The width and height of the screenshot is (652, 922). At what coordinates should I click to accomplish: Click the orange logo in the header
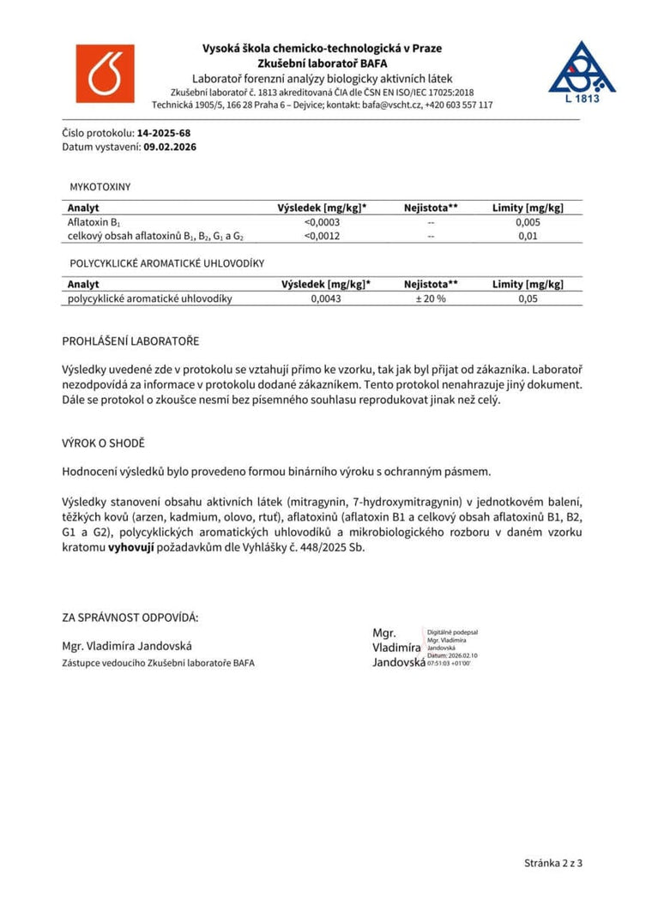[106, 73]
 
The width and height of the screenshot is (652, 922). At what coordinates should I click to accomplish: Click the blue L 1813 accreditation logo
[582, 72]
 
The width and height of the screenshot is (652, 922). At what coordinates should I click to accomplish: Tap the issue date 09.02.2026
[170, 147]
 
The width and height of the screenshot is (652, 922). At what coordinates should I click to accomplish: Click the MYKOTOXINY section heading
[100, 186]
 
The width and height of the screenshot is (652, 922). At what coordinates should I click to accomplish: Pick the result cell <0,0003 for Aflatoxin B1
[323, 222]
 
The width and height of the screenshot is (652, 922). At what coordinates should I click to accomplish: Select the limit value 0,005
[528, 222]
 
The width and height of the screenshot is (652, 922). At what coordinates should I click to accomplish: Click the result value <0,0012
[323, 236]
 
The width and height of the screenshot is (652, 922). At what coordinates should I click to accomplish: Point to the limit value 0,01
[528, 236]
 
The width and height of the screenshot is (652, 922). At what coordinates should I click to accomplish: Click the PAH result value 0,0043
[326, 298]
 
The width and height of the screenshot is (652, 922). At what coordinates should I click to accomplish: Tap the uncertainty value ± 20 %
[430, 298]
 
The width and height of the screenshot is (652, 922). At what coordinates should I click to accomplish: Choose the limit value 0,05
[528, 298]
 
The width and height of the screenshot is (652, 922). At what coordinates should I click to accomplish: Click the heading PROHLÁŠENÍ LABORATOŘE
[130, 340]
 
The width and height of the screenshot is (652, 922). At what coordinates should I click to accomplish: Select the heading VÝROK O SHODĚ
[103, 443]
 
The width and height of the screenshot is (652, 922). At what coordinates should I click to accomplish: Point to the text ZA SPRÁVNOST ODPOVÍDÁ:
[130, 617]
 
